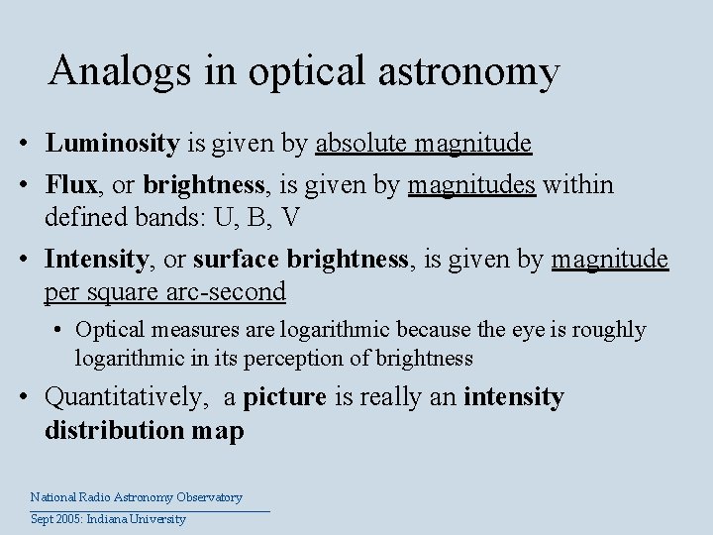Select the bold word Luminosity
[112, 144]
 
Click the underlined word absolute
[361, 144]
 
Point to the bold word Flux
[70, 184]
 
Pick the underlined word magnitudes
[471, 184]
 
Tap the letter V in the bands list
[287, 217]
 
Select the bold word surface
[237, 260]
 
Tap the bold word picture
[284, 397]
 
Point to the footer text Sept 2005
[56, 519]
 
